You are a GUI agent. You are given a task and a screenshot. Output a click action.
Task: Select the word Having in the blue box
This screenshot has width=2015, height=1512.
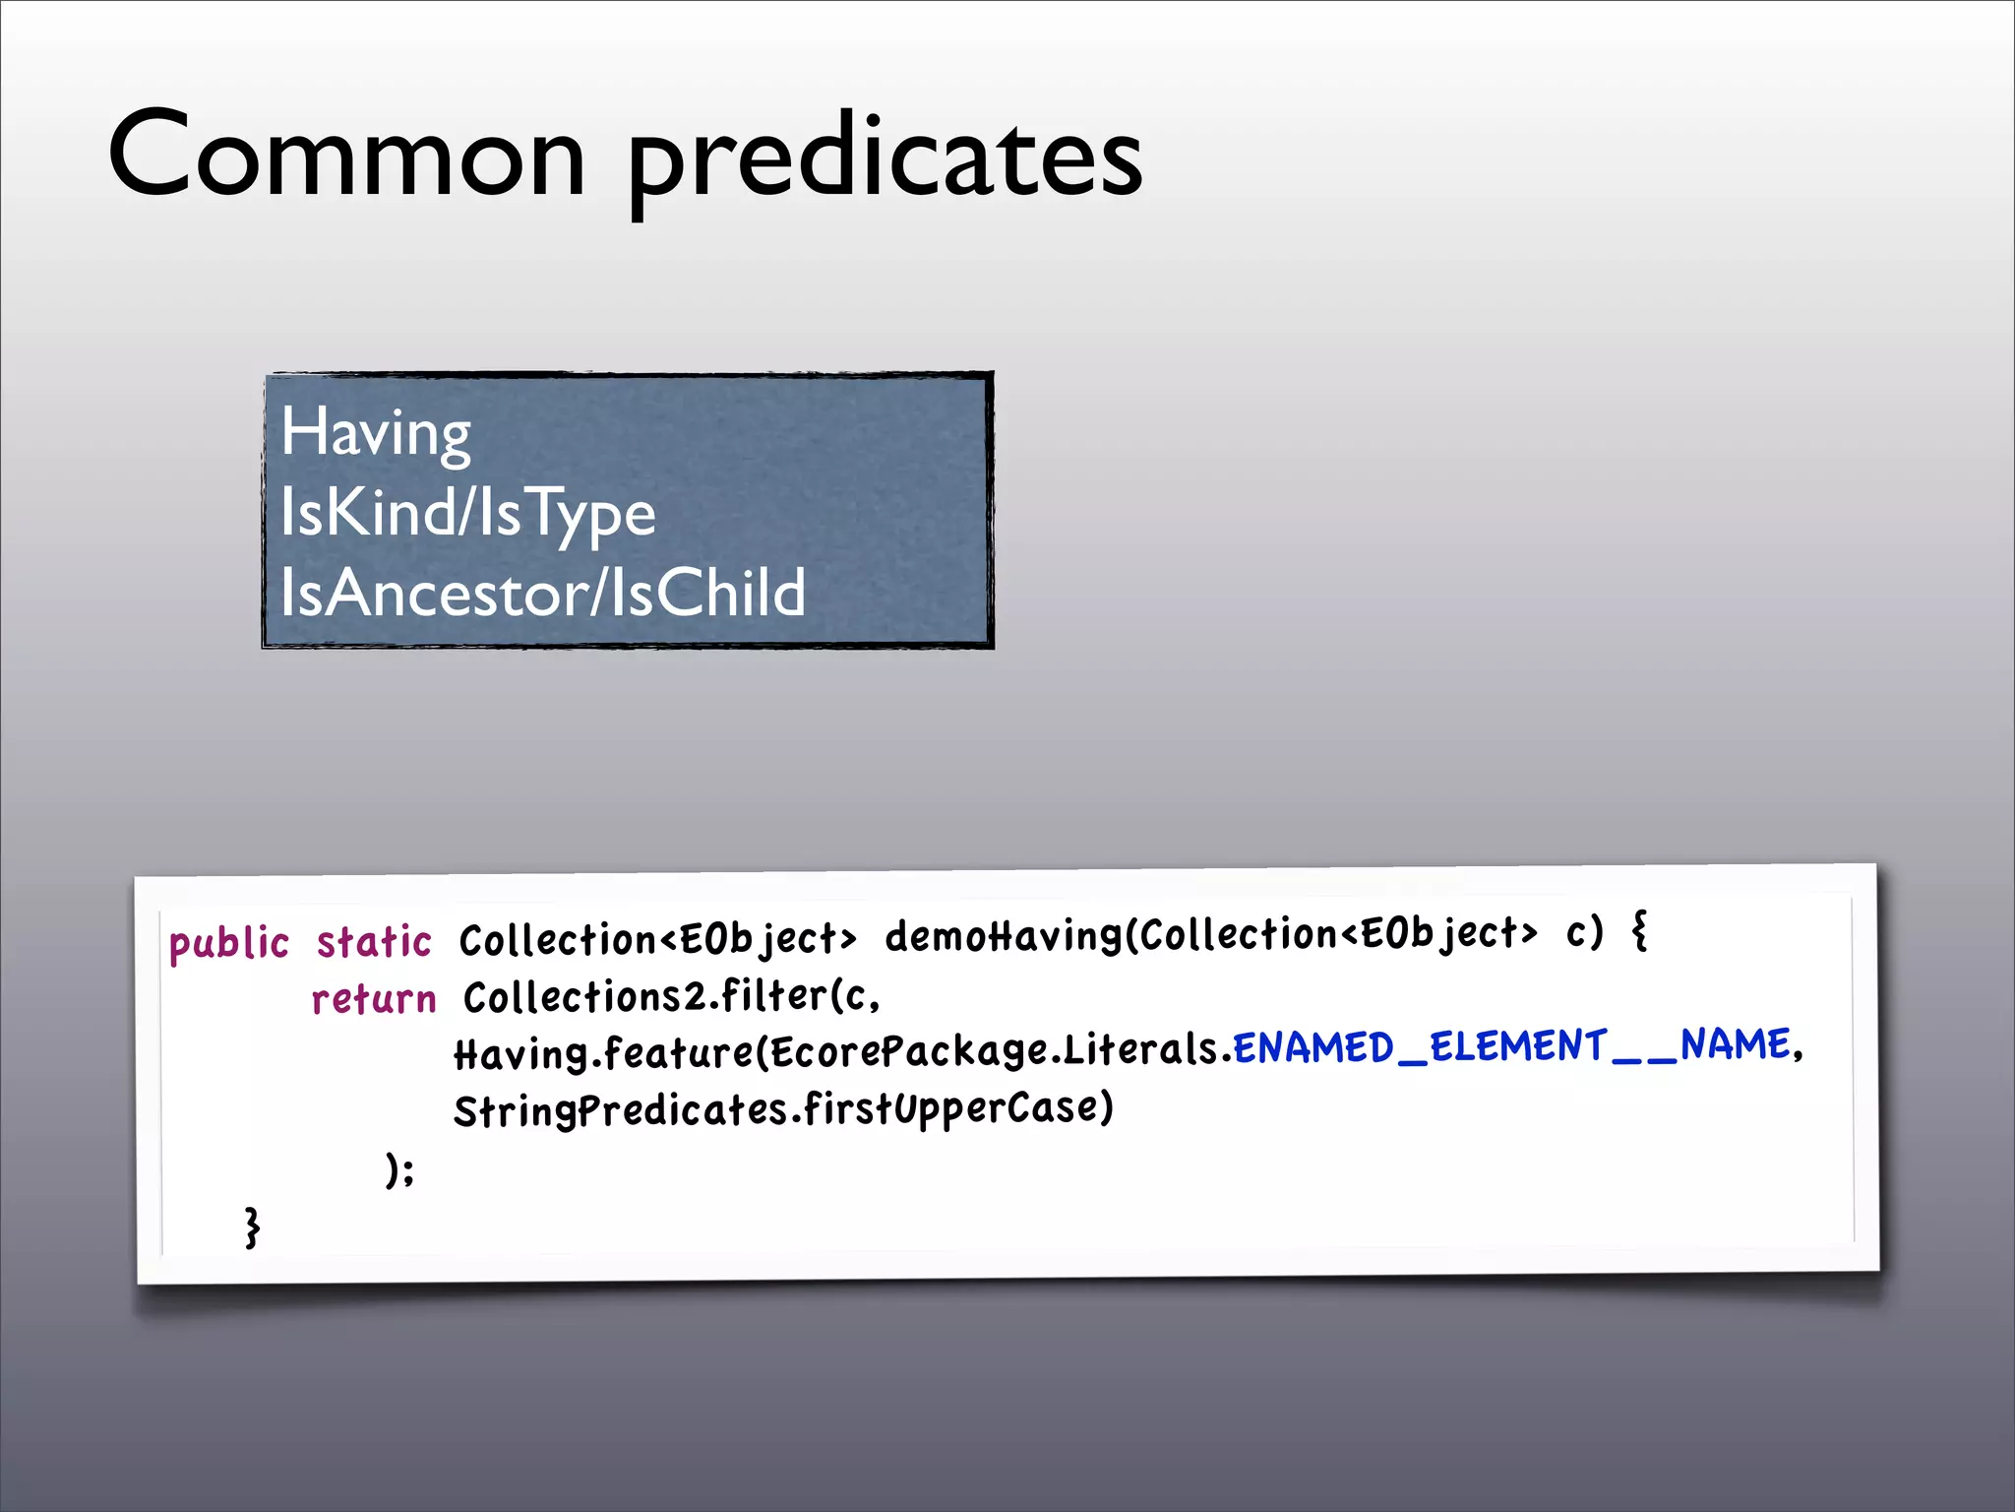tap(376, 433)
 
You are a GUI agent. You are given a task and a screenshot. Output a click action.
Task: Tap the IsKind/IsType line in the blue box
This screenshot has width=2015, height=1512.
tap(467, 514)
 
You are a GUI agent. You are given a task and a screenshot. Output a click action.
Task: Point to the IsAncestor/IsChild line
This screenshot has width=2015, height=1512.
tap(542, 594)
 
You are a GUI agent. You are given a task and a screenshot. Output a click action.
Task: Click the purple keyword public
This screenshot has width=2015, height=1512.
tap(228, 944)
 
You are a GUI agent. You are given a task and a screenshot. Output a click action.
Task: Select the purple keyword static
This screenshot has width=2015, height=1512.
tap(374, 942)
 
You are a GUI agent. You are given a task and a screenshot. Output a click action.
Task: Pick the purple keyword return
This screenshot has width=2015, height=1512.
tap(374, 1000)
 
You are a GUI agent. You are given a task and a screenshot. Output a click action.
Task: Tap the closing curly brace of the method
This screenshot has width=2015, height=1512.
tap(253, 1228)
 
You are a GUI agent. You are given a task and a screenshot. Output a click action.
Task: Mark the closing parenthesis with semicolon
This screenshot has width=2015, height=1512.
tap(399, 1170)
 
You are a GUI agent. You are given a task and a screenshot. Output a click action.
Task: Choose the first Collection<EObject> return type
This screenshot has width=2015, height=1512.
tap(657, 940)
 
